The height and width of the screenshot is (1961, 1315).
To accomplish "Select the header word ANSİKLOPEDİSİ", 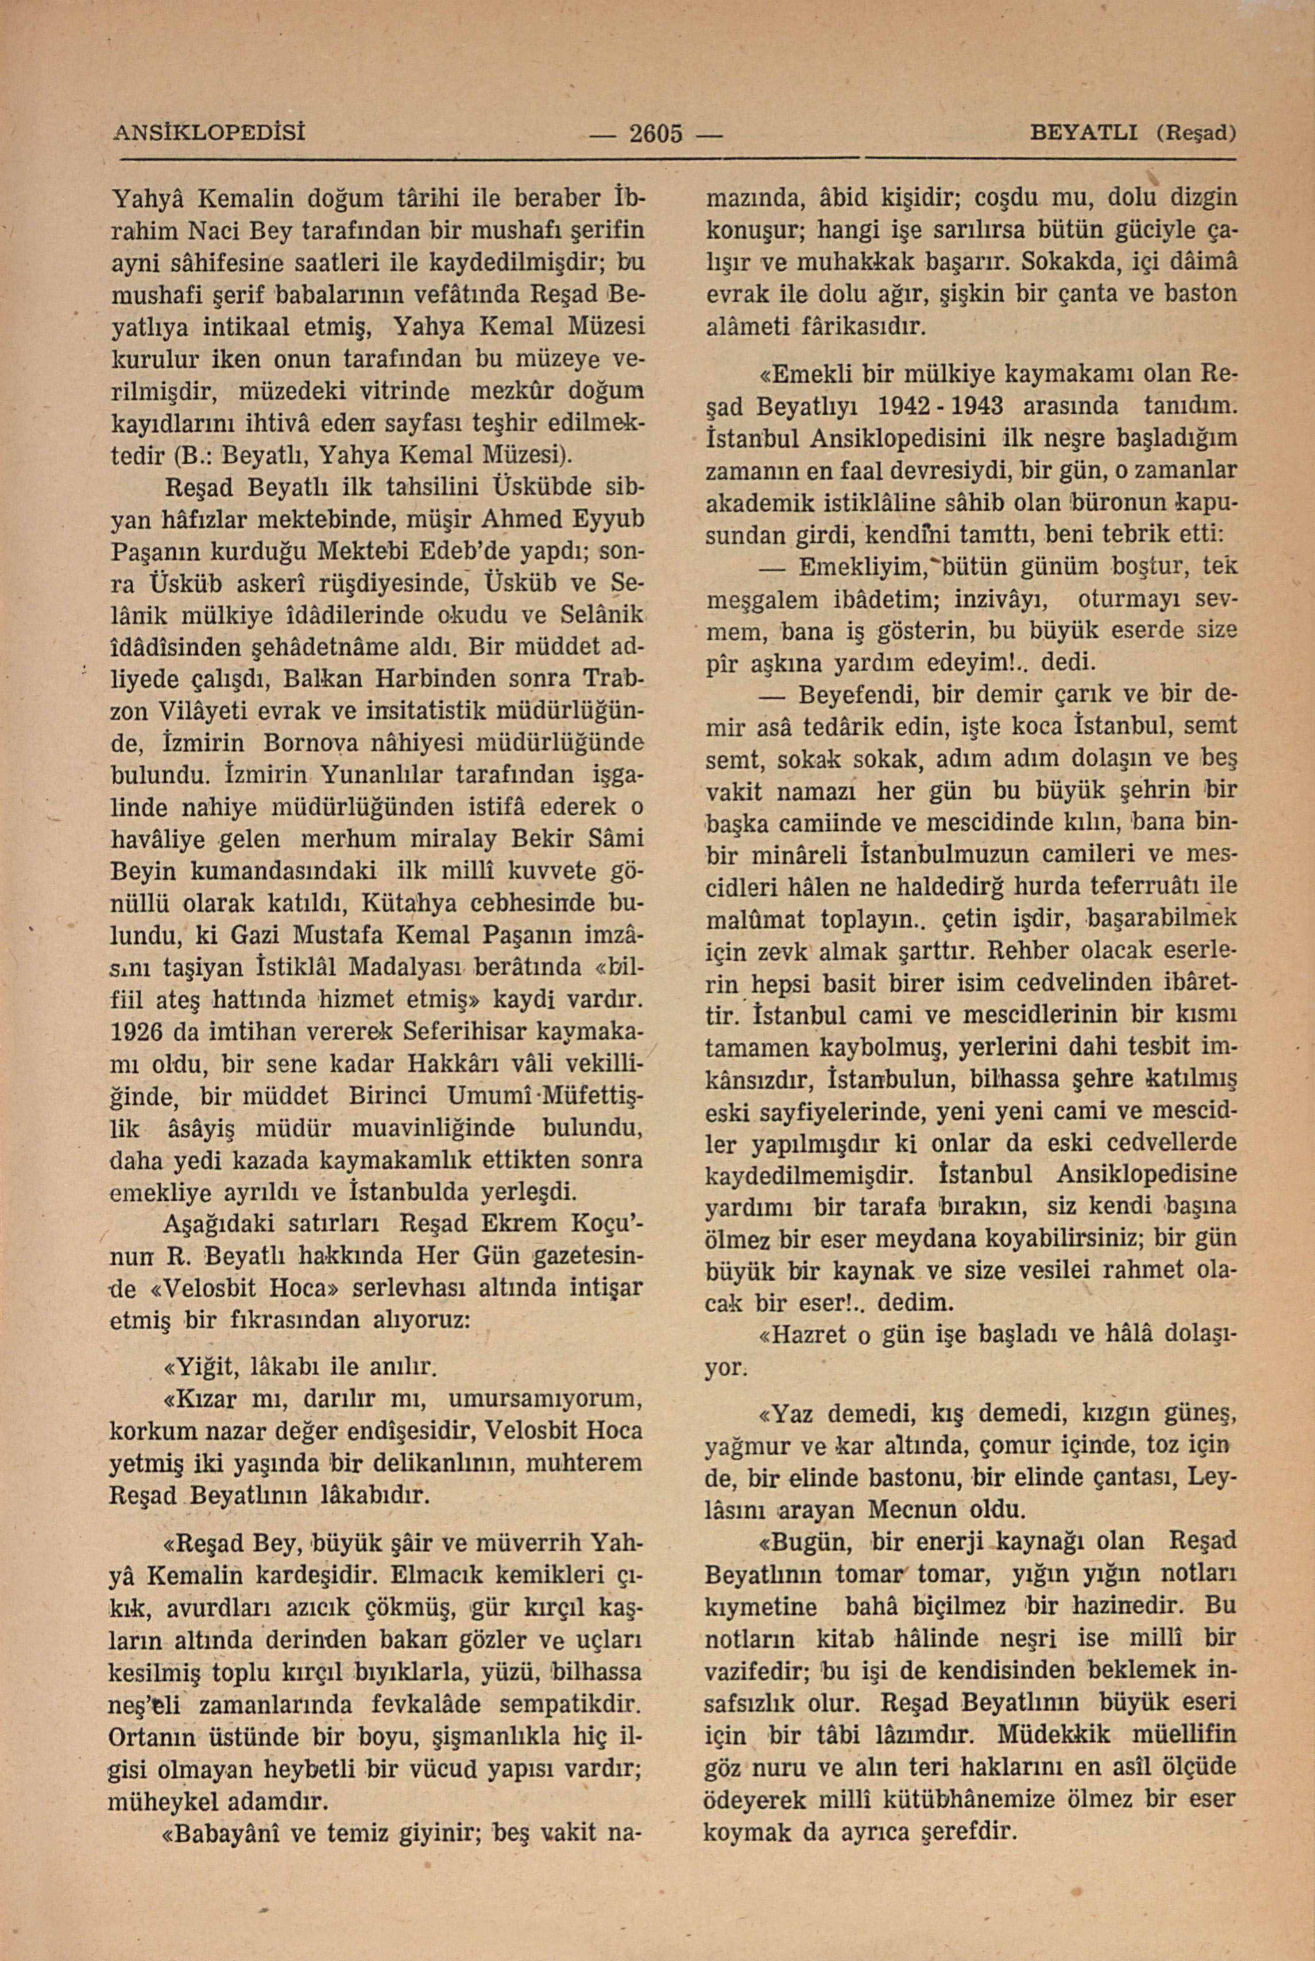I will coord(208,132).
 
